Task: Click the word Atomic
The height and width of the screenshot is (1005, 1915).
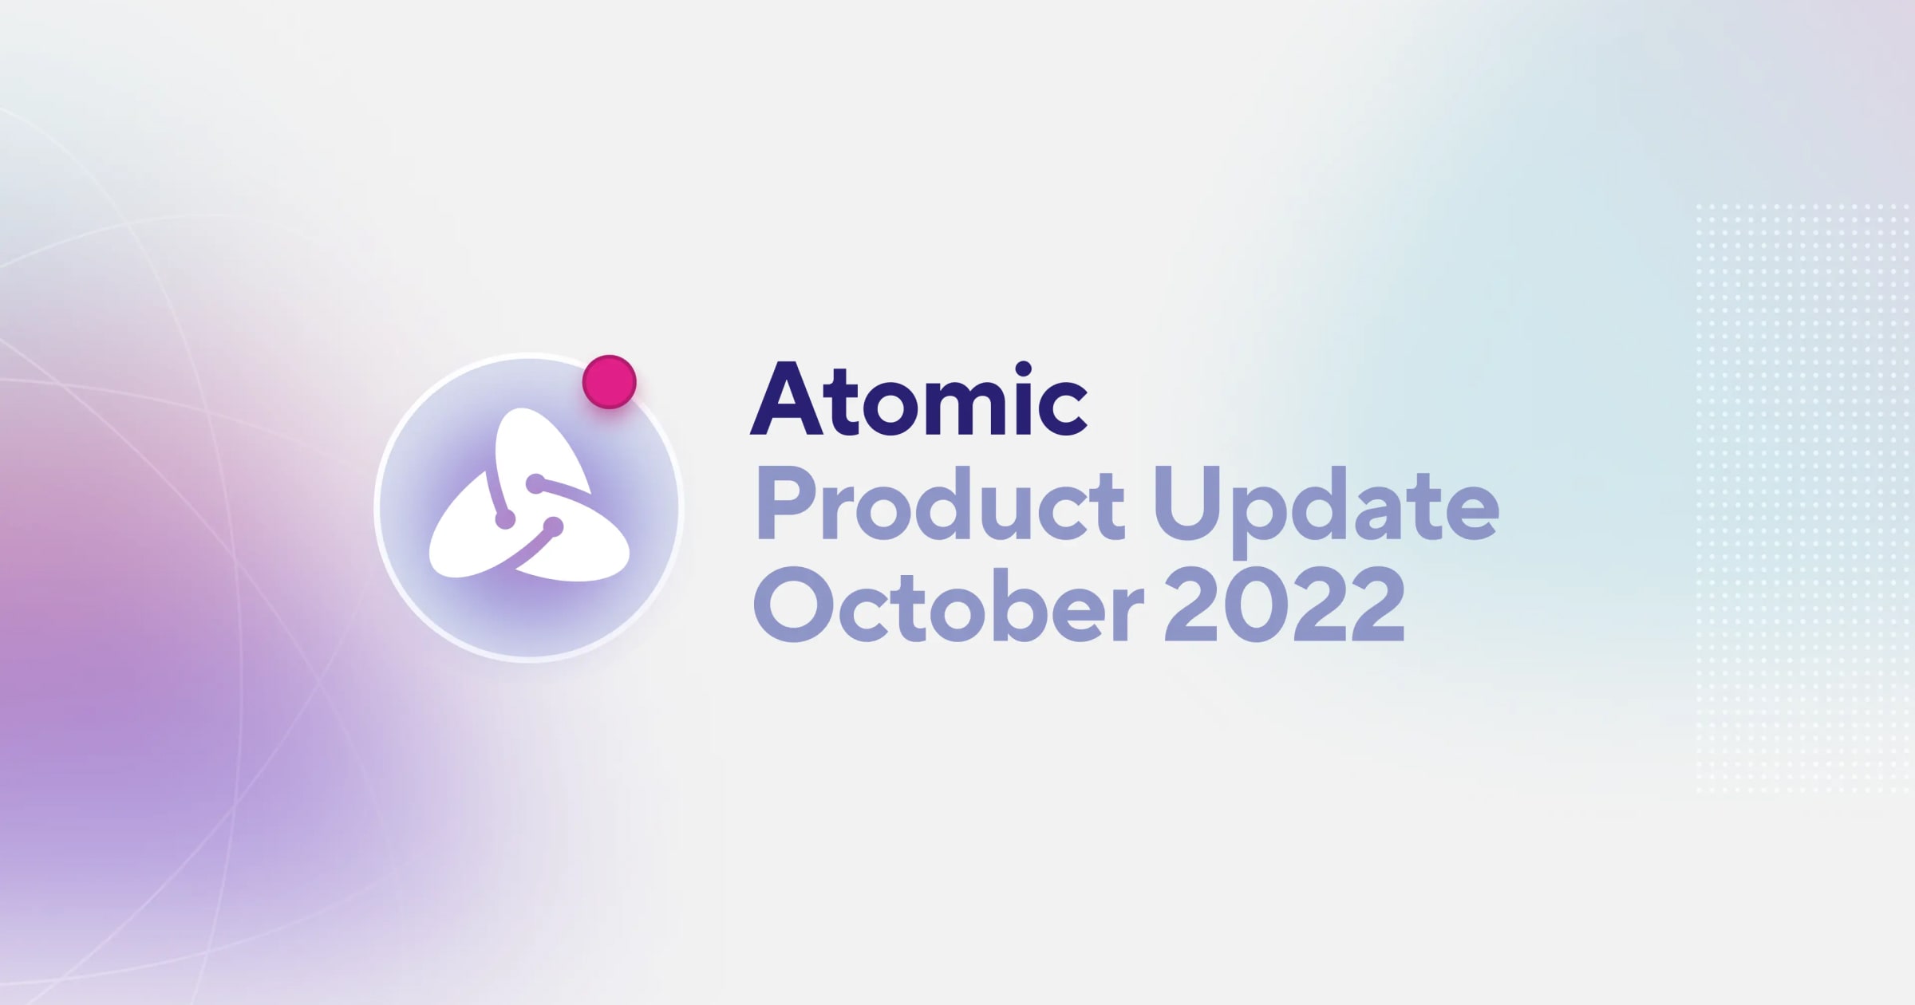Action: (918, 401)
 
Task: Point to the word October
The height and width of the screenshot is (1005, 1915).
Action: (949, 605)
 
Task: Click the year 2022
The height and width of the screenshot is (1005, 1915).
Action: (1284, 605)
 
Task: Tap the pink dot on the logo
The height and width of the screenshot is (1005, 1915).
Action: (609, 382)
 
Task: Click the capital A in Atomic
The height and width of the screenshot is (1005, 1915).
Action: (787, 401)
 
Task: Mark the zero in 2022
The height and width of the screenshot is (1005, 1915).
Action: (1258, 605)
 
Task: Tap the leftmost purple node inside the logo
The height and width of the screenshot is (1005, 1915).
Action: (505, 521)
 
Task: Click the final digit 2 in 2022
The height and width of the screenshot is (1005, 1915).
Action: (1372, 605)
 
